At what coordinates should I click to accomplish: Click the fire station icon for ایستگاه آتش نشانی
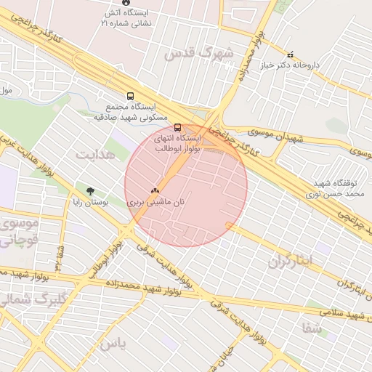pos(126,3)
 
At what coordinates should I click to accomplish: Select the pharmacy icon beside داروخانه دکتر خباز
pos(291,54)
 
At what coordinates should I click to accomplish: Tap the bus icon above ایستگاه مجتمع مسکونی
pos(130,96)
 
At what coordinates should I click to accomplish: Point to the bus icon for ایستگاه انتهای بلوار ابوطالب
pos(178,127)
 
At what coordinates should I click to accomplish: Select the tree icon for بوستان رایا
pos(90,192)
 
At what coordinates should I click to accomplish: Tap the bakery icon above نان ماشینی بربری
pos(154,190)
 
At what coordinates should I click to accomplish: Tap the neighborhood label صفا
pos(312,328)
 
